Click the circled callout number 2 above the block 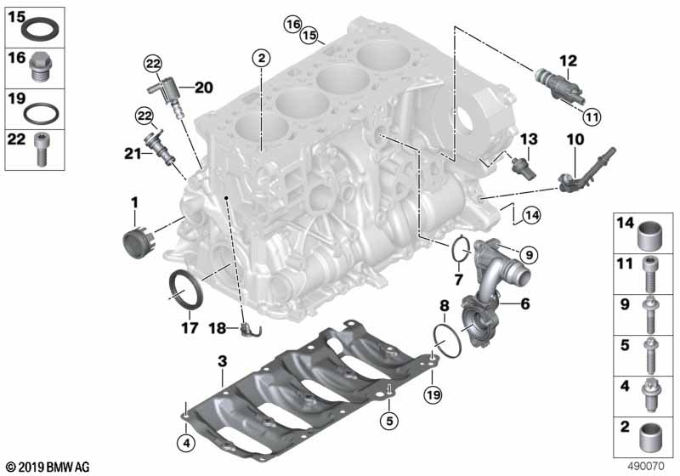click(x=261, y=58)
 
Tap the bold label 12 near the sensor click(x=568, y=61)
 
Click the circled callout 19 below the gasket click(x=433, y=394)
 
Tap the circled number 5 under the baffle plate click(x=389, y=420)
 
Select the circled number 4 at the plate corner click(x=186, y=443)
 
